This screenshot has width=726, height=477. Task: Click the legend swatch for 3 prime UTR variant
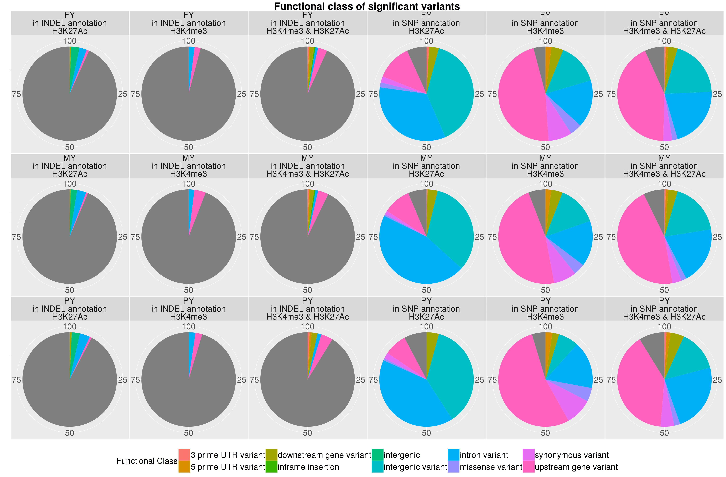[x=184, y=455]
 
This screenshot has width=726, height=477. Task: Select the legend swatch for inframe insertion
[x=271, y=467]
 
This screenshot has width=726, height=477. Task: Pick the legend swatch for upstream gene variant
[x=528, y=467]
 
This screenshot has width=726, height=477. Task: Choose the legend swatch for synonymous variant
[x=528, y=455]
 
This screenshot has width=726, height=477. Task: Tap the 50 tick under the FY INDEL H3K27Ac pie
[x=69, y=147]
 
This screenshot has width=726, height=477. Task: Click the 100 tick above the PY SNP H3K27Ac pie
[x=426, y=326]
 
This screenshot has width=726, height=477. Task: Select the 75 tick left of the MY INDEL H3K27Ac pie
[x=17, y=237]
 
